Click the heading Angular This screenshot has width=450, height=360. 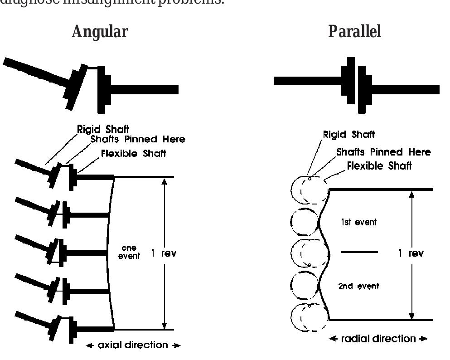tap(100, 32)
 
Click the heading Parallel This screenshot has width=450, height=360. tap(355, 32)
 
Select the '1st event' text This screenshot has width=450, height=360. tap(358, 223)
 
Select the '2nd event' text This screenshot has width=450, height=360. tap(358, 286)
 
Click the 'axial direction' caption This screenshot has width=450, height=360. tap(133, 345)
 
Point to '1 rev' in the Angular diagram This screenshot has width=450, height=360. tap(164, 253)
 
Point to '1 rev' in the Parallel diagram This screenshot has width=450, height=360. tap(411, 253)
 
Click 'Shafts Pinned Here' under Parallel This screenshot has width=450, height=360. tap(383, 152)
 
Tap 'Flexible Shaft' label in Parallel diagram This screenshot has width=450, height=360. tap(380, 166)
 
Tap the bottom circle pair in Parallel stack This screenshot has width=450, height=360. tap(309, 319)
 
